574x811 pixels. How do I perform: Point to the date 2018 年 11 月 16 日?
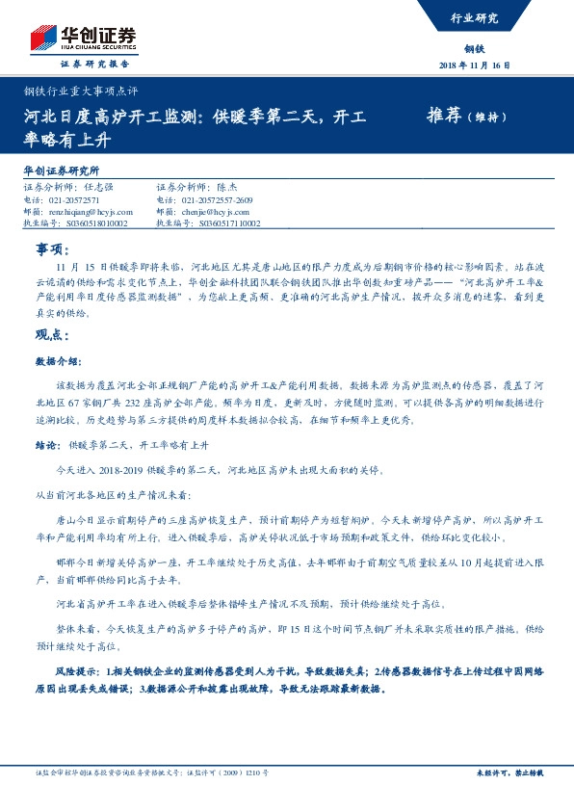coord(476,65)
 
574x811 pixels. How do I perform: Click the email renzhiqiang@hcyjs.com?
coord(88,211)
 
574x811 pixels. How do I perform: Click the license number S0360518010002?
coord(88,222)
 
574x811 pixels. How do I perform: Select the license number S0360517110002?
coord(221,222)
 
